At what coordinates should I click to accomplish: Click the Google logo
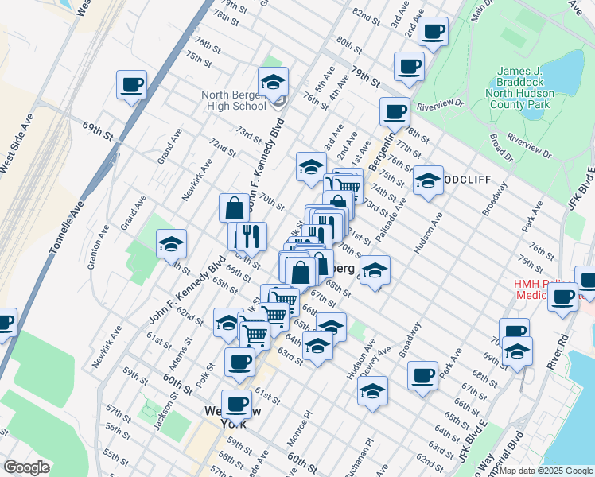point(28,467)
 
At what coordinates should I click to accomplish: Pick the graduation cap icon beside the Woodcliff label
point(427,180)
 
